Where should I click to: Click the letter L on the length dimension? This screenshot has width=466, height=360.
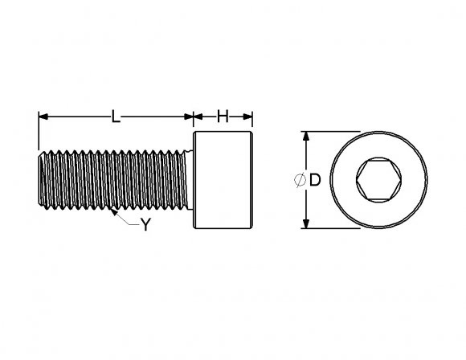tap(116, 117)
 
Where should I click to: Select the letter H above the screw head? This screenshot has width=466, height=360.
tap(224, 117)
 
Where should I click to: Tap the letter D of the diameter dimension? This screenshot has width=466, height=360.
tap(315, 181)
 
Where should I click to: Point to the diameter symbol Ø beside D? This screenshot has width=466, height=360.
tap(299, 181)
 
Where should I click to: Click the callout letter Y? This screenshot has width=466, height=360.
tap(145, 226)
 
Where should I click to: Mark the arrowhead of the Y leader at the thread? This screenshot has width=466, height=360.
tap(114, 215)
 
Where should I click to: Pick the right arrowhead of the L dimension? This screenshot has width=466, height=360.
tap(189, 117)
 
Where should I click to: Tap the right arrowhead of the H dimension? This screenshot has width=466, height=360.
tap(249, 117)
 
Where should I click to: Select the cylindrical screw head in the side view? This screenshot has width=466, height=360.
tap(224, 181)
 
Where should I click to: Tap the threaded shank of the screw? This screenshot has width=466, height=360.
tap(117, 181)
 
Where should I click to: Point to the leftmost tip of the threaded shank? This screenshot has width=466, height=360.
tap(39, 181)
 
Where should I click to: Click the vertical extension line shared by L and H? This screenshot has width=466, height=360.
tap(194, 125)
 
